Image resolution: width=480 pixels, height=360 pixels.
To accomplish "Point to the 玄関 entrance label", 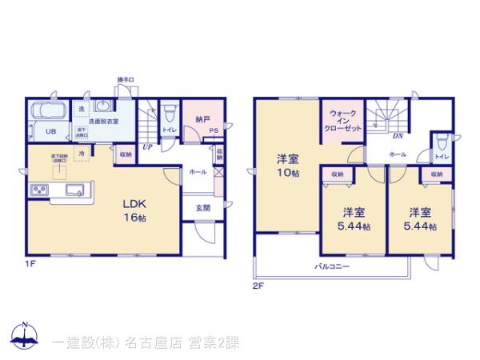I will click(201, 208).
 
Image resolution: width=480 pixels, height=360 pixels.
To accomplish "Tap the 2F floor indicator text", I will click(258, 285).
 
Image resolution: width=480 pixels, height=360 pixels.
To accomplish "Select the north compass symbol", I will click(25, 336).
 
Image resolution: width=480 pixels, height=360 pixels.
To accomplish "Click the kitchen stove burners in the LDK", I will click(38, 190).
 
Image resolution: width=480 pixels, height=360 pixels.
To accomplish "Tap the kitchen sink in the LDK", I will click(75, 190).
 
